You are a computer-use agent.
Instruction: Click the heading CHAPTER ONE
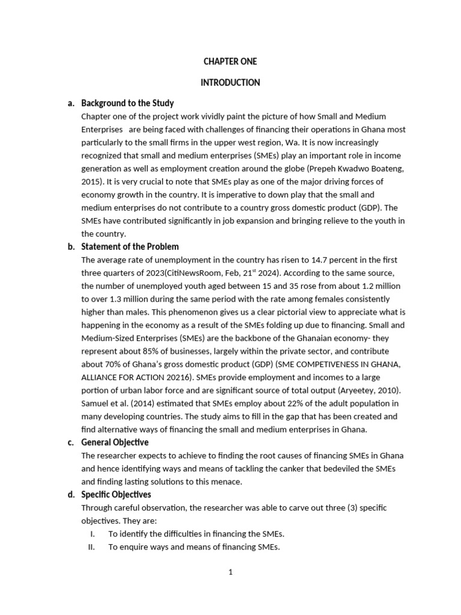(x=230, y=62)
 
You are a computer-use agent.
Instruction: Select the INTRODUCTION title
(x=230, y=83)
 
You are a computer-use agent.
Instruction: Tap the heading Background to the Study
(x=127, y=103)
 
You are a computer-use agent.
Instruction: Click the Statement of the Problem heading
(x=130, y=247)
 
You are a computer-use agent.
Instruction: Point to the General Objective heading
(x=114, y=443)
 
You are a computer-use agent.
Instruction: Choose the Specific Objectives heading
(x=116, y=495)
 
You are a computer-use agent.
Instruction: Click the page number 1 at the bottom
(x=230, y=572)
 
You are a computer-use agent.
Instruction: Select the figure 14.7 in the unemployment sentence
(x=319, y=260)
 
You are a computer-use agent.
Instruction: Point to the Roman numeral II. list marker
(x=91, y=547)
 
